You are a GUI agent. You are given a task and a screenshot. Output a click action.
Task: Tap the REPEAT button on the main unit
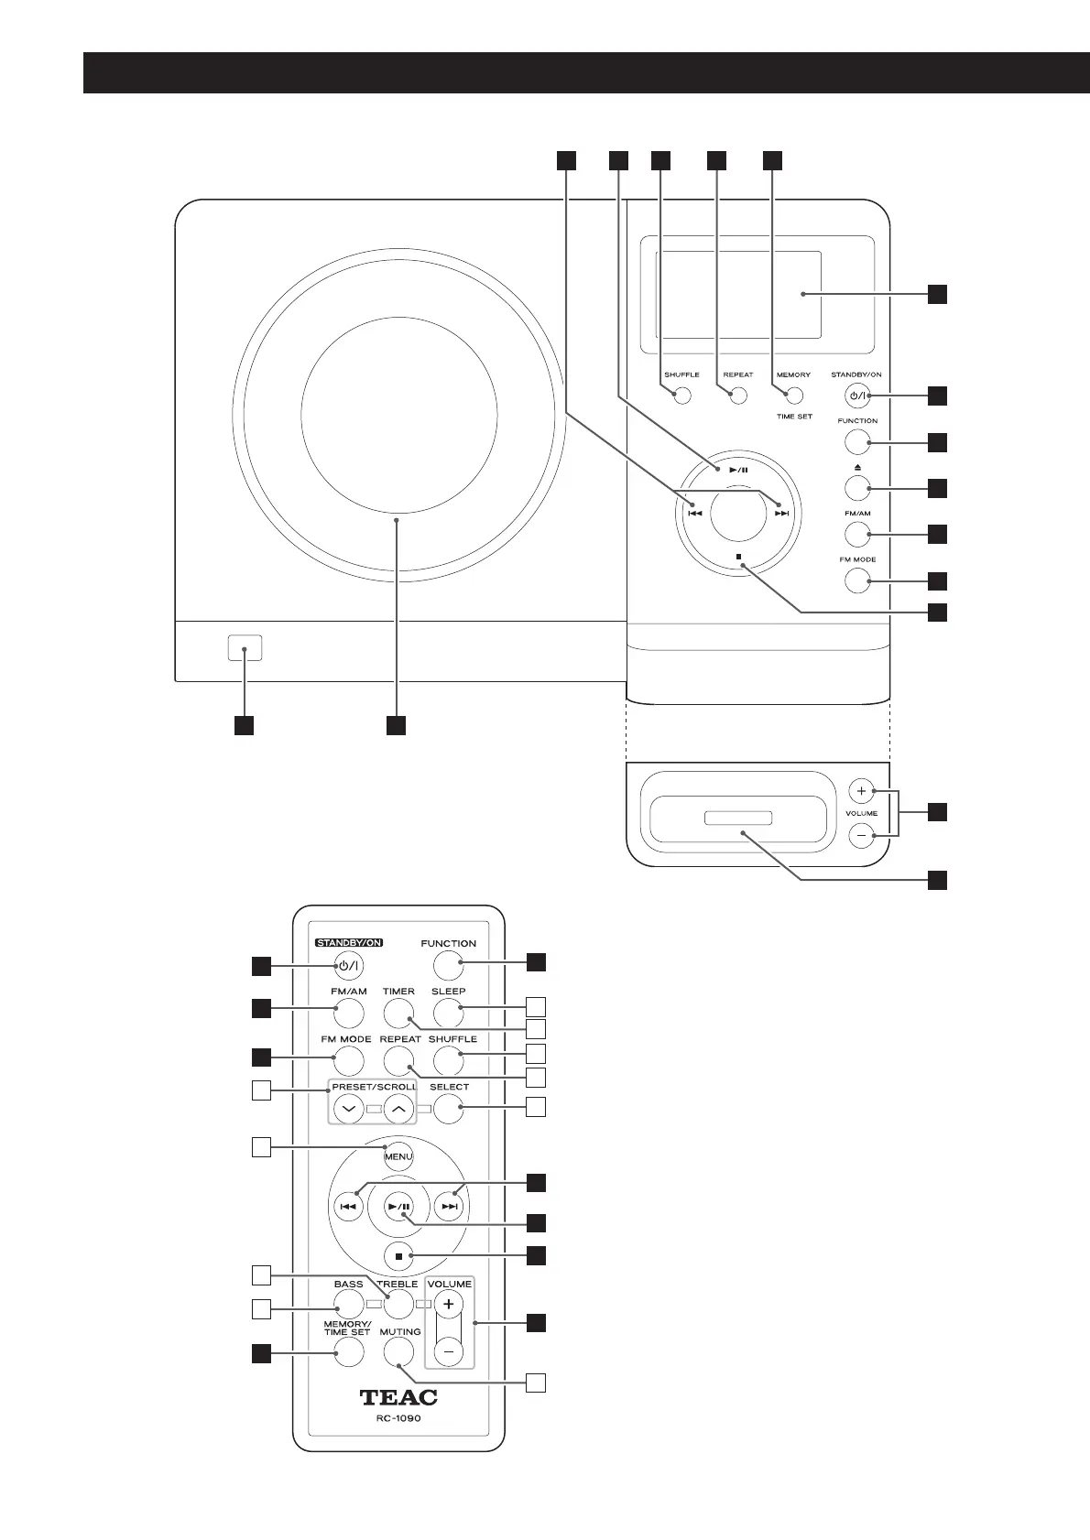737,396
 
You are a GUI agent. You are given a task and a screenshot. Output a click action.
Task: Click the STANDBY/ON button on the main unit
857,396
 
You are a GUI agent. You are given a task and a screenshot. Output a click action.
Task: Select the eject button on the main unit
857,489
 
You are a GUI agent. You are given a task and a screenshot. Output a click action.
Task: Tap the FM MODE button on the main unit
857,580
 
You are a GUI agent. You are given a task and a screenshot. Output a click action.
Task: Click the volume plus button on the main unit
861,790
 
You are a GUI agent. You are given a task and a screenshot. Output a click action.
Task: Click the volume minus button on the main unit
861,835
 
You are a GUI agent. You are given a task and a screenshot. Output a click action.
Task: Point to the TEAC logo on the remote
398,1398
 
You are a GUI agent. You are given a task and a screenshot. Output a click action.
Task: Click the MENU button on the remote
398,1156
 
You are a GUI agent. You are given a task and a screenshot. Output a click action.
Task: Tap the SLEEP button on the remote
448,1013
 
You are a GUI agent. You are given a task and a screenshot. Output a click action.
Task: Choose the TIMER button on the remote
398,1013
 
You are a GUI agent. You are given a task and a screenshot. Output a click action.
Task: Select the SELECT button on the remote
448,1110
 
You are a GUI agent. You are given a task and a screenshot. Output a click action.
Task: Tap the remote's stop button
398,1256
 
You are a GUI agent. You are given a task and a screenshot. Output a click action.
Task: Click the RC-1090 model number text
398,1419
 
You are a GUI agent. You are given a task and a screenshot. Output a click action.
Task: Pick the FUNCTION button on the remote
448,964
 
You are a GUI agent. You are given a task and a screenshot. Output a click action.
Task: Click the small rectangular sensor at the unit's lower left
244,648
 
